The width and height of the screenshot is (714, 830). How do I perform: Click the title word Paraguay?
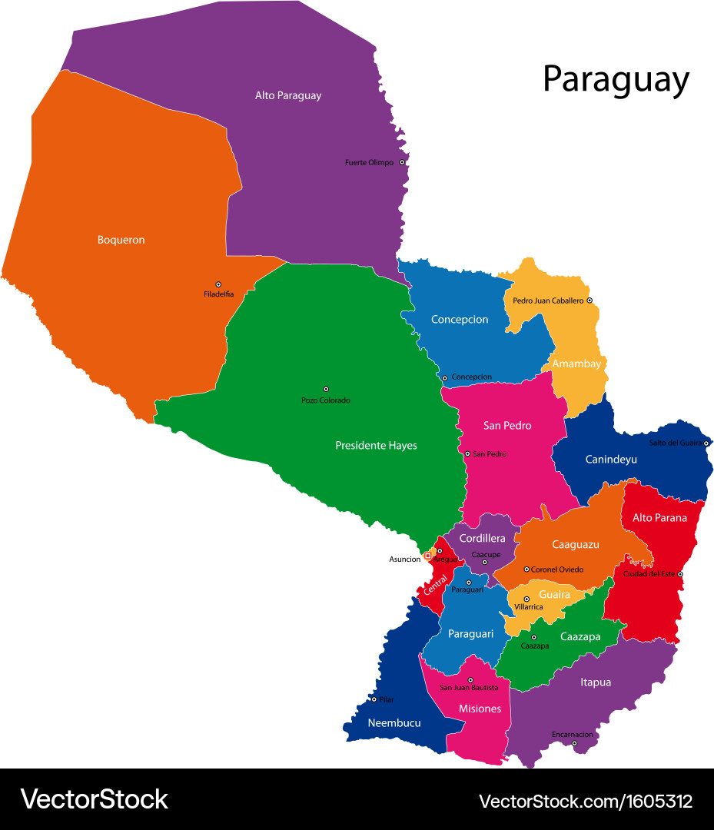pos(616,79)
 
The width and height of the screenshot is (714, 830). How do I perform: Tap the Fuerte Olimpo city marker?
pos(401,162)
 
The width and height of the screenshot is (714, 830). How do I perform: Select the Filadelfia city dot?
pos(218,284)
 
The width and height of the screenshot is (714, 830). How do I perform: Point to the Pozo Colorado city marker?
pos(326,389)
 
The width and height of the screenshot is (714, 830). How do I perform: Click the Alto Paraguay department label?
pos(288,96)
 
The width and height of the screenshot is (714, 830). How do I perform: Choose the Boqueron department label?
pos(121,240)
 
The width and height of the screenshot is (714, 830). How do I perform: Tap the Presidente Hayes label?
pos(376,445)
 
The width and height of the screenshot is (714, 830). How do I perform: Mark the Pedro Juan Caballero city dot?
pos(589,300)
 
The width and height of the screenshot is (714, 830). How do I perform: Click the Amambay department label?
pos(576,364)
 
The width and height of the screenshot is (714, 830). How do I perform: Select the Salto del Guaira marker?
pos(706,443)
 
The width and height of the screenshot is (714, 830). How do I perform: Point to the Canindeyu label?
pos(611,460)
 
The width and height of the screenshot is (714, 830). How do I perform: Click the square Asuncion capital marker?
pos(427,556)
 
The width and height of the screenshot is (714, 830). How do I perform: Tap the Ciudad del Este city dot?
pos(680,574)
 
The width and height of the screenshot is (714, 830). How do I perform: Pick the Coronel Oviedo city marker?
pos(526,569)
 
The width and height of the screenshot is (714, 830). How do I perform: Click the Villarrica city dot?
pos(526,599)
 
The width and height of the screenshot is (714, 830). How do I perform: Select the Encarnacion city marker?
pos(574,743)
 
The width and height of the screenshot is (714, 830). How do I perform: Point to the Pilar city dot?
pos(374,699)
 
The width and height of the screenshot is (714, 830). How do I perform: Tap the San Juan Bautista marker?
pos(470,679)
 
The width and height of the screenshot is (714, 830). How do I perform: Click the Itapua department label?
pos(596,682)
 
